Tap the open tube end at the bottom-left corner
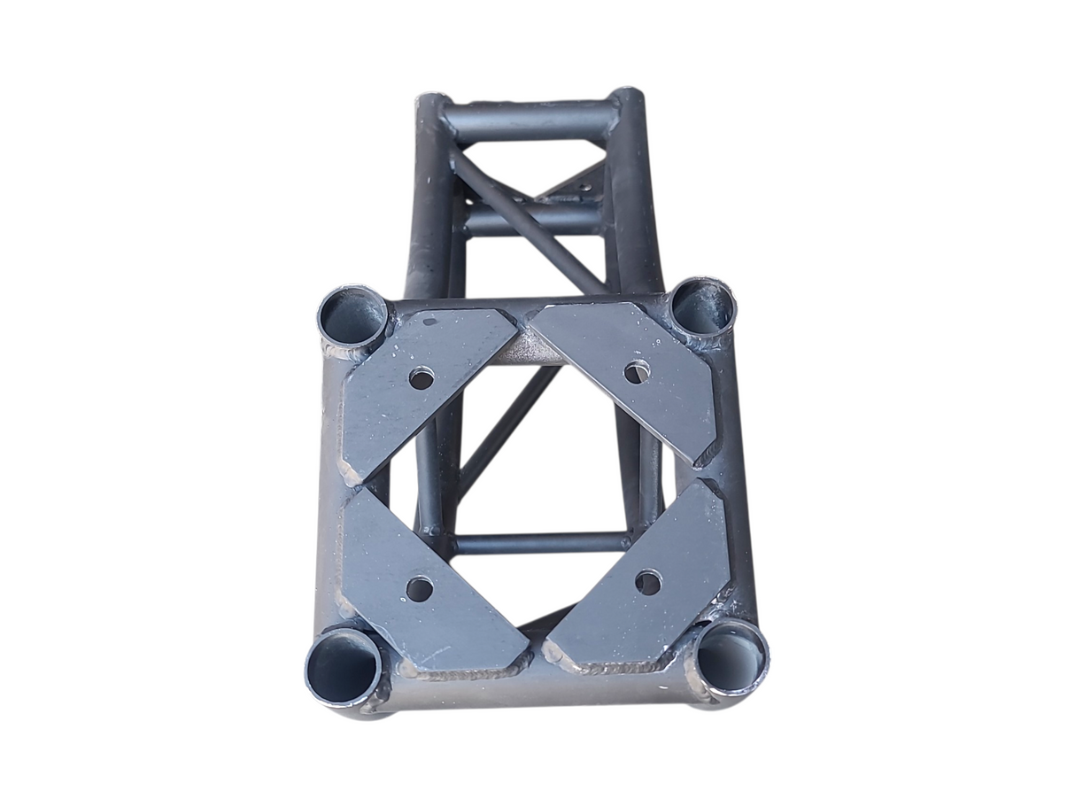point(342,665)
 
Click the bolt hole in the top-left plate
point(421,379)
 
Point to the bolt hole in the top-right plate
point(636,372)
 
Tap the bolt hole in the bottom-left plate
point(419,588)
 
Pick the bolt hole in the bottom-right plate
point(648,582)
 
